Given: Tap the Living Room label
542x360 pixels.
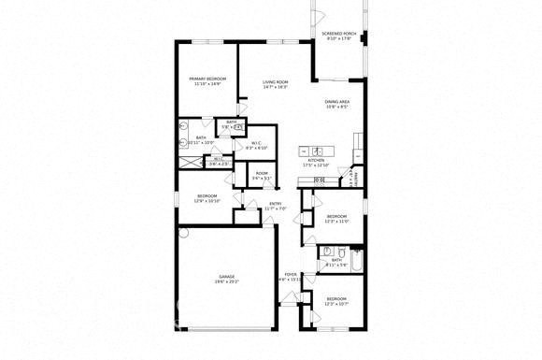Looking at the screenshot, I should [275, 84].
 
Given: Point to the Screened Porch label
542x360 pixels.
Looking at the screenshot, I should [336, 36].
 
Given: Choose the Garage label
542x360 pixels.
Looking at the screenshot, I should [227, 279].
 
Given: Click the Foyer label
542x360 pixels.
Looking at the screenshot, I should [291, 277].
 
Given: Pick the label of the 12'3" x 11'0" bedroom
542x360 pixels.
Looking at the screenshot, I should [336, 219].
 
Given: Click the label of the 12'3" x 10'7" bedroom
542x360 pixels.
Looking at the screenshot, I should [336, 302].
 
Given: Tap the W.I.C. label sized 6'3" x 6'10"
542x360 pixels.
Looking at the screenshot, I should [256, 145].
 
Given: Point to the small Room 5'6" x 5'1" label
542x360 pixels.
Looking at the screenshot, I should [262, 175].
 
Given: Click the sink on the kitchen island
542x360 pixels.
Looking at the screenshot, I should [317, 151].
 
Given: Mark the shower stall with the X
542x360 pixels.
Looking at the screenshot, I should [191, 161].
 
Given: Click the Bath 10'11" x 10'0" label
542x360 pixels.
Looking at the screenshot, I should [200, 141].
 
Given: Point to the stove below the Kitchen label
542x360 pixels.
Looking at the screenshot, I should [320, 180].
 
